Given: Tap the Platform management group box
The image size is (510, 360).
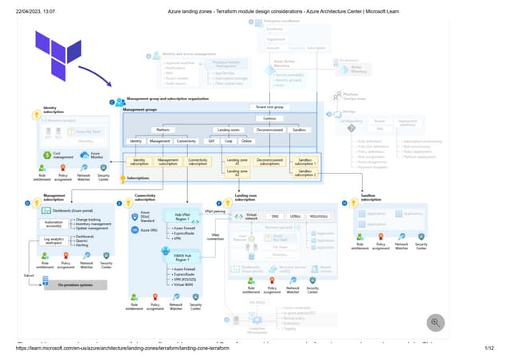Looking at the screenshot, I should click(163, 129).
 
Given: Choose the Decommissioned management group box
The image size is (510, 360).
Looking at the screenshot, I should click(277, 129).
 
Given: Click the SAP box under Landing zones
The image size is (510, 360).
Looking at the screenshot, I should click(211, 141).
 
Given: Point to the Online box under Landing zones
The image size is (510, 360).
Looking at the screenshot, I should click(246, 141).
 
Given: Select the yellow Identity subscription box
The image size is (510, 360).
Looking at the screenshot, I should click(139, 161).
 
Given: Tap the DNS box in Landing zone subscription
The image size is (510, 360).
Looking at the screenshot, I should click(275, 216).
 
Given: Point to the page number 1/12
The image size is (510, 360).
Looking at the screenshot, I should click(489, 348).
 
